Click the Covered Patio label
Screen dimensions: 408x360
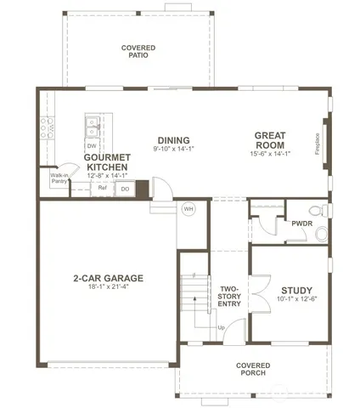coord(137,52)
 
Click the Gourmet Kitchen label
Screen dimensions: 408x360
coord(107,162)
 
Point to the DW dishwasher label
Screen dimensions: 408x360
coord(91,146)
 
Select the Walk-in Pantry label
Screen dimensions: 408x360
coord(59,178)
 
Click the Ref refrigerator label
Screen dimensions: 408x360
coord(102,188)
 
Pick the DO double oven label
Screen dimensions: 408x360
coord(124,188)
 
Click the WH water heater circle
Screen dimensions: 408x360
coord(188,208)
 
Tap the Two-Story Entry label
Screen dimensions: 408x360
coord(229,295)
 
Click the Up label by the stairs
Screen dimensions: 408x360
coord(221,327)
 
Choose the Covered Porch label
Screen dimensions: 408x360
coord(253,368)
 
